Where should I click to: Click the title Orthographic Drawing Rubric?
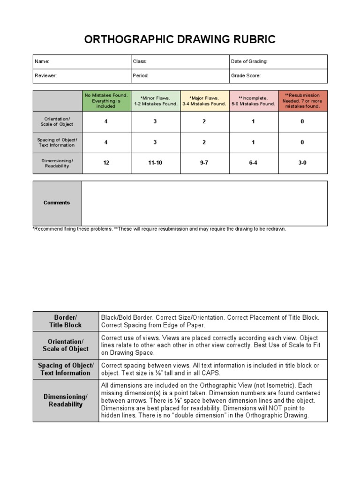click(x=180, y=39)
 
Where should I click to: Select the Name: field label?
click(x=42, y=61)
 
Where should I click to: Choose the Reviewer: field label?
click(x=45, y=75)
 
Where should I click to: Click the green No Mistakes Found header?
click(x=106, y=100)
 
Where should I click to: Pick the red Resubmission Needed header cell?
click(x=302, y=101)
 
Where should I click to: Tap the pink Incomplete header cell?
click(x=254, y=101)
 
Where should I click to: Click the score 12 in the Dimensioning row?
click(x=106, y=163)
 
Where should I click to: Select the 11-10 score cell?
click(x=155, y=163)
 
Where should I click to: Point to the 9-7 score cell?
click(x=204, y=163)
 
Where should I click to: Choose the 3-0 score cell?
click(x=302, y=163)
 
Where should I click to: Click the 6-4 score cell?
click(x=254, y=163)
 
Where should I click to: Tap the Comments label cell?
click(x=57, y=203)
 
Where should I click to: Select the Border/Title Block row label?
click(x=66, y=321)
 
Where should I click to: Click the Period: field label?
click(x=141, y=75)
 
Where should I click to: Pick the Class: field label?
click(x=140, y=61)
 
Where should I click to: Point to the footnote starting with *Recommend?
click(x=159, y=229)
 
